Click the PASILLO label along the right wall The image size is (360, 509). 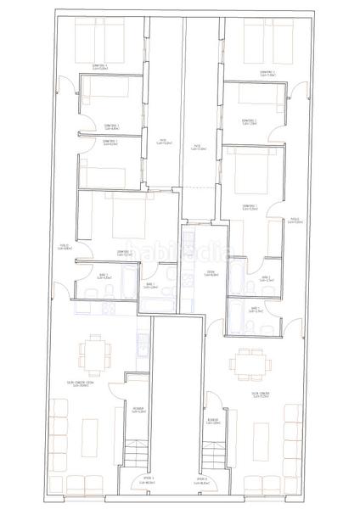tap(295, 220)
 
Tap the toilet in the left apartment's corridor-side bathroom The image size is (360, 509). tap(111, 289)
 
